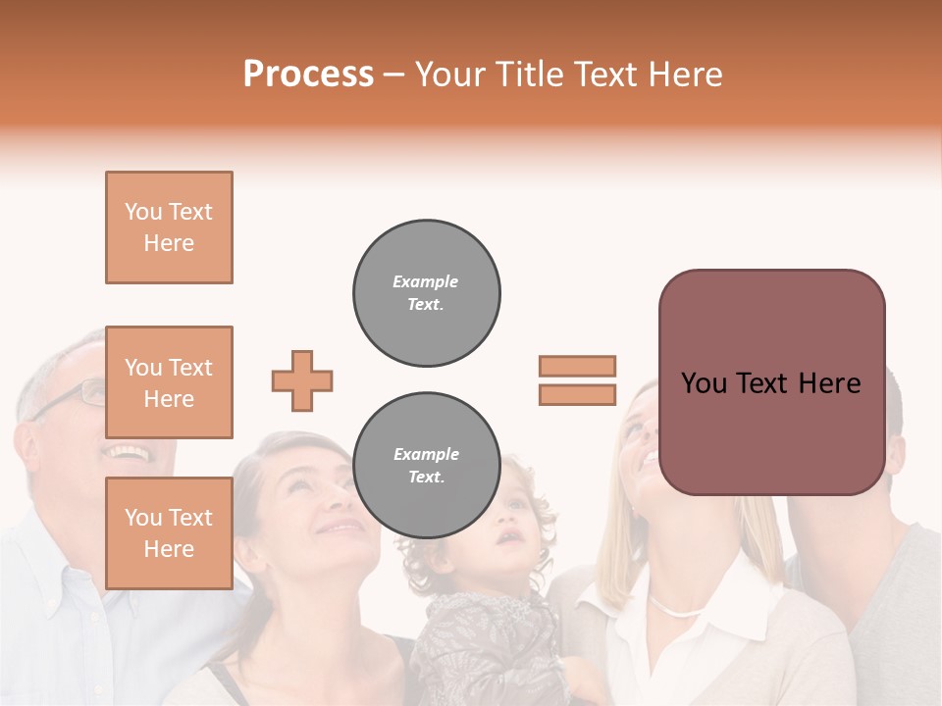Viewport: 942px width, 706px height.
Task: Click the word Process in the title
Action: pyautogui.click(x=308, y=75)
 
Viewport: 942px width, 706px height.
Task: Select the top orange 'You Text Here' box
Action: pyautogui.click(x=169, y=227)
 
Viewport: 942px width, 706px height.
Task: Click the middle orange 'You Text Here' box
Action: pyautogui.click(x=169, y=382)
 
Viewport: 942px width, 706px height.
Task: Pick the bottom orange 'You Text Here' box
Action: pyautogui.click(x=169, y=532)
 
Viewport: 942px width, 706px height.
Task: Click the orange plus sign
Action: pyautogui.click(x=302, y=381)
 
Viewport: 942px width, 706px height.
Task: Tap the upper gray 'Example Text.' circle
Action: pyautogui.click(x=426, y=292)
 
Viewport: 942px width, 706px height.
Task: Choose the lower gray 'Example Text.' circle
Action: pyautogui.click(x=426, y=466)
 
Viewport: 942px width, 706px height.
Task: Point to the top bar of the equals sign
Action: pyautogui.click(x=577, y=366)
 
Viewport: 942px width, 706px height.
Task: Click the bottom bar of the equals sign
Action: pyautogui.click(x=577, y=394)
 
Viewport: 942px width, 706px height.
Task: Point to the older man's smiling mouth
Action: pyautogui.click(x=128, y=453)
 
